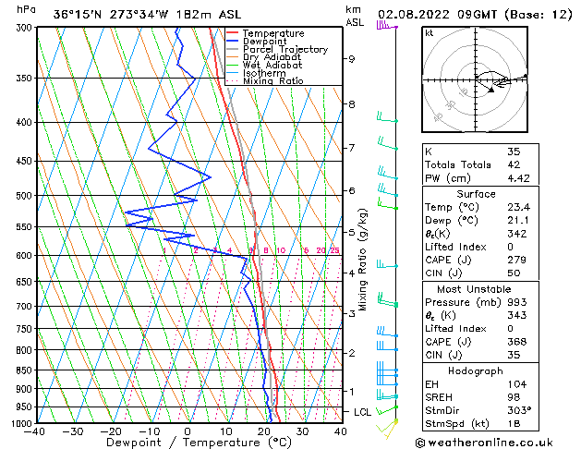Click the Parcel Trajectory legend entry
[284, 49]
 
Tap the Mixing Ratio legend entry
[272, 81]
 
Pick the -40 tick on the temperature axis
[35, 431]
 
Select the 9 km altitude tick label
[351, 59]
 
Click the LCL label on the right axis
[362, 412]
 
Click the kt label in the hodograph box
[429, 32]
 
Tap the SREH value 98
[514, 397]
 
